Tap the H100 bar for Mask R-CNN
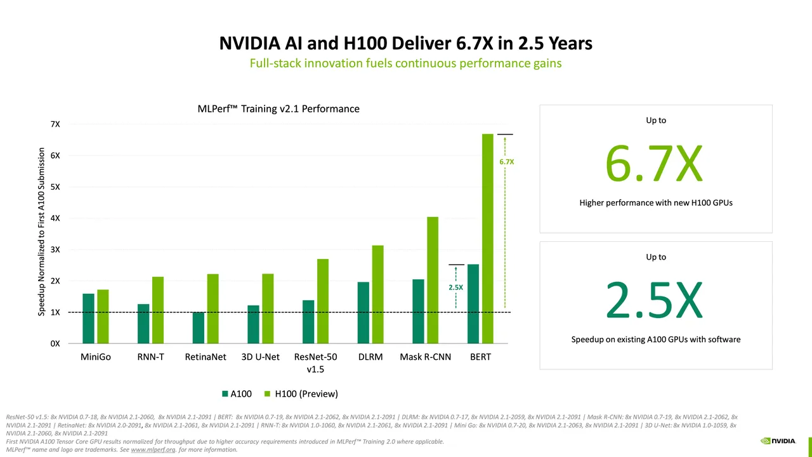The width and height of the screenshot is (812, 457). [432, 280]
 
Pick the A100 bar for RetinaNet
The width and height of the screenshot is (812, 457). [199, 328]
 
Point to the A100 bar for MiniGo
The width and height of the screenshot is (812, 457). [88, 318]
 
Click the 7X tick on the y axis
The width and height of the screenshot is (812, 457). [55, 124]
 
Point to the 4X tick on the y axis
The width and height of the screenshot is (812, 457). [55, 218]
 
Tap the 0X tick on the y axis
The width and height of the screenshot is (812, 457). [55, 343]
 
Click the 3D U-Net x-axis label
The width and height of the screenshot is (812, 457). [260, 357]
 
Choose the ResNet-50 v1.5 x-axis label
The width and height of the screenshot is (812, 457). [315, 362]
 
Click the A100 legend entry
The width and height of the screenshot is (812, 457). [237, 394]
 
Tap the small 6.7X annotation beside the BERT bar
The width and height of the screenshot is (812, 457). [506, 162]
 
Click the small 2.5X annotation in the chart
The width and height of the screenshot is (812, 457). [455, 288]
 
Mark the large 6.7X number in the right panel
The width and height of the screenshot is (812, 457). [654, 164]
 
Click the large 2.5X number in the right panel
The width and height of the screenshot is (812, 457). [654, 300]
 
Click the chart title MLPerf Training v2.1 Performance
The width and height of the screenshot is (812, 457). [278, 109]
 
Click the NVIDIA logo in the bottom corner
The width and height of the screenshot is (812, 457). [778, 441]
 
